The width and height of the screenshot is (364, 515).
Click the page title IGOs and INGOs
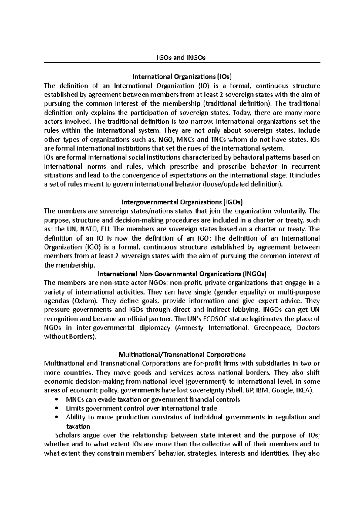182,58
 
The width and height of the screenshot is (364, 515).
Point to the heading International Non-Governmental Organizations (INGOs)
182,274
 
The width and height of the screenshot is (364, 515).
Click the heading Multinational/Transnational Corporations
182,354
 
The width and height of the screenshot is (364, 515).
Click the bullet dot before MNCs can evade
57,399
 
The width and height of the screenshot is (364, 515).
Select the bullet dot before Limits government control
57,408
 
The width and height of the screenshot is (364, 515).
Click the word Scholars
67,435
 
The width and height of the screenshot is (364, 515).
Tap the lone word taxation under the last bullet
78,426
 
